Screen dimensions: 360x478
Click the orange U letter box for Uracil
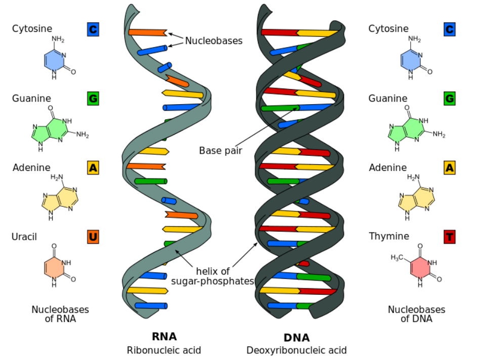pos(93,237)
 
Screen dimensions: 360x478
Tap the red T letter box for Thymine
pos(449,237)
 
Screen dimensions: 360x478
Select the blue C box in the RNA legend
pos(93,29)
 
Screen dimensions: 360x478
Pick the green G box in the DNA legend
pos(449,98)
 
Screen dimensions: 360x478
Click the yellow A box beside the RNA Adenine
pos(93,167)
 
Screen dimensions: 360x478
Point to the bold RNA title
pos(164,336)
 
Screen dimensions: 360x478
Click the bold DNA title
pos(296,338)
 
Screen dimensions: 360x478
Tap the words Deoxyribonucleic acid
pos(296,350)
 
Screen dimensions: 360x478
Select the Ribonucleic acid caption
pos(164,350)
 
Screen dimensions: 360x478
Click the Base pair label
pos(221,150)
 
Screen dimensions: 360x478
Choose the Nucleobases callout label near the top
pos(213,41)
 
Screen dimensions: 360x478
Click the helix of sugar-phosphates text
pos(212,276)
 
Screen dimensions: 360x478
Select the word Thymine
pos(389,236)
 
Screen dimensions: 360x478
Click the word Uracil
pos(24,236)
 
